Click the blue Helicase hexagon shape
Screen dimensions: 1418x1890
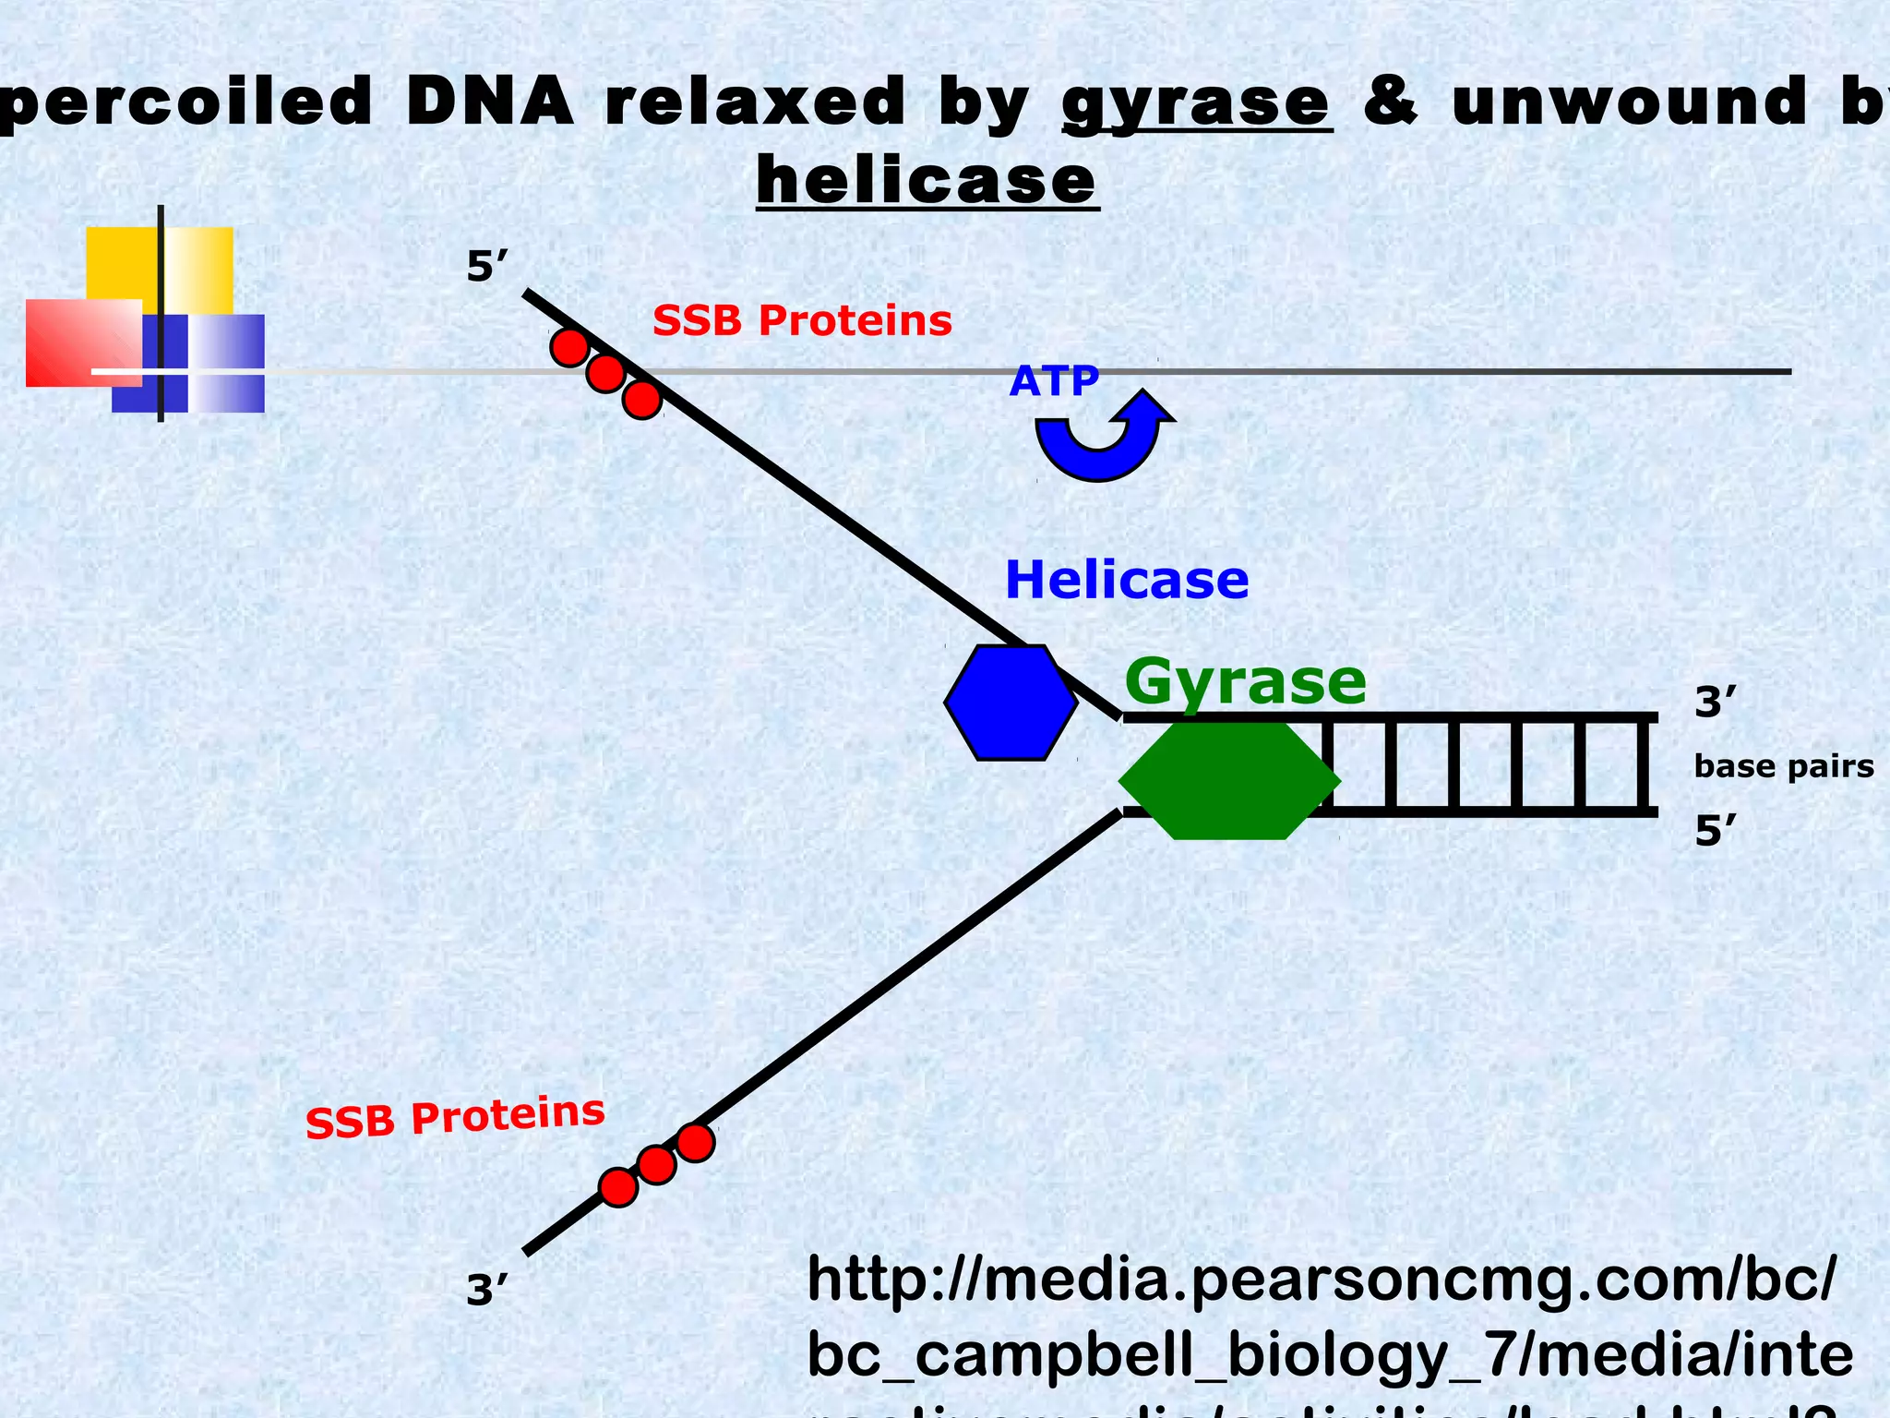1011,703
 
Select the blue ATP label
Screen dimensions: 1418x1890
1054,381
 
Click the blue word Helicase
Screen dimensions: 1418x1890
1126,581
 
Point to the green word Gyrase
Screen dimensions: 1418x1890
1244,682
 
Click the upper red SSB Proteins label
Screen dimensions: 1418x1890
802,321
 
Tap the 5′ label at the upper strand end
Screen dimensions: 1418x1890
487,268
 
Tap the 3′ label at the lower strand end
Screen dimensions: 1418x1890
486,1290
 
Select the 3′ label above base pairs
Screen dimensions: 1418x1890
1715,703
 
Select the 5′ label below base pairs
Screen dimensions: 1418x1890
1715,832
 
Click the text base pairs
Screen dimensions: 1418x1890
1783,766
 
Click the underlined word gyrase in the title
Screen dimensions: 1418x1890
1196,103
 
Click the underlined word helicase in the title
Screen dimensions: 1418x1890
927,181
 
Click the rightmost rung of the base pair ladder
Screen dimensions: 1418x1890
1642,765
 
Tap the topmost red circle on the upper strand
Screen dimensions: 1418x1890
569,348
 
